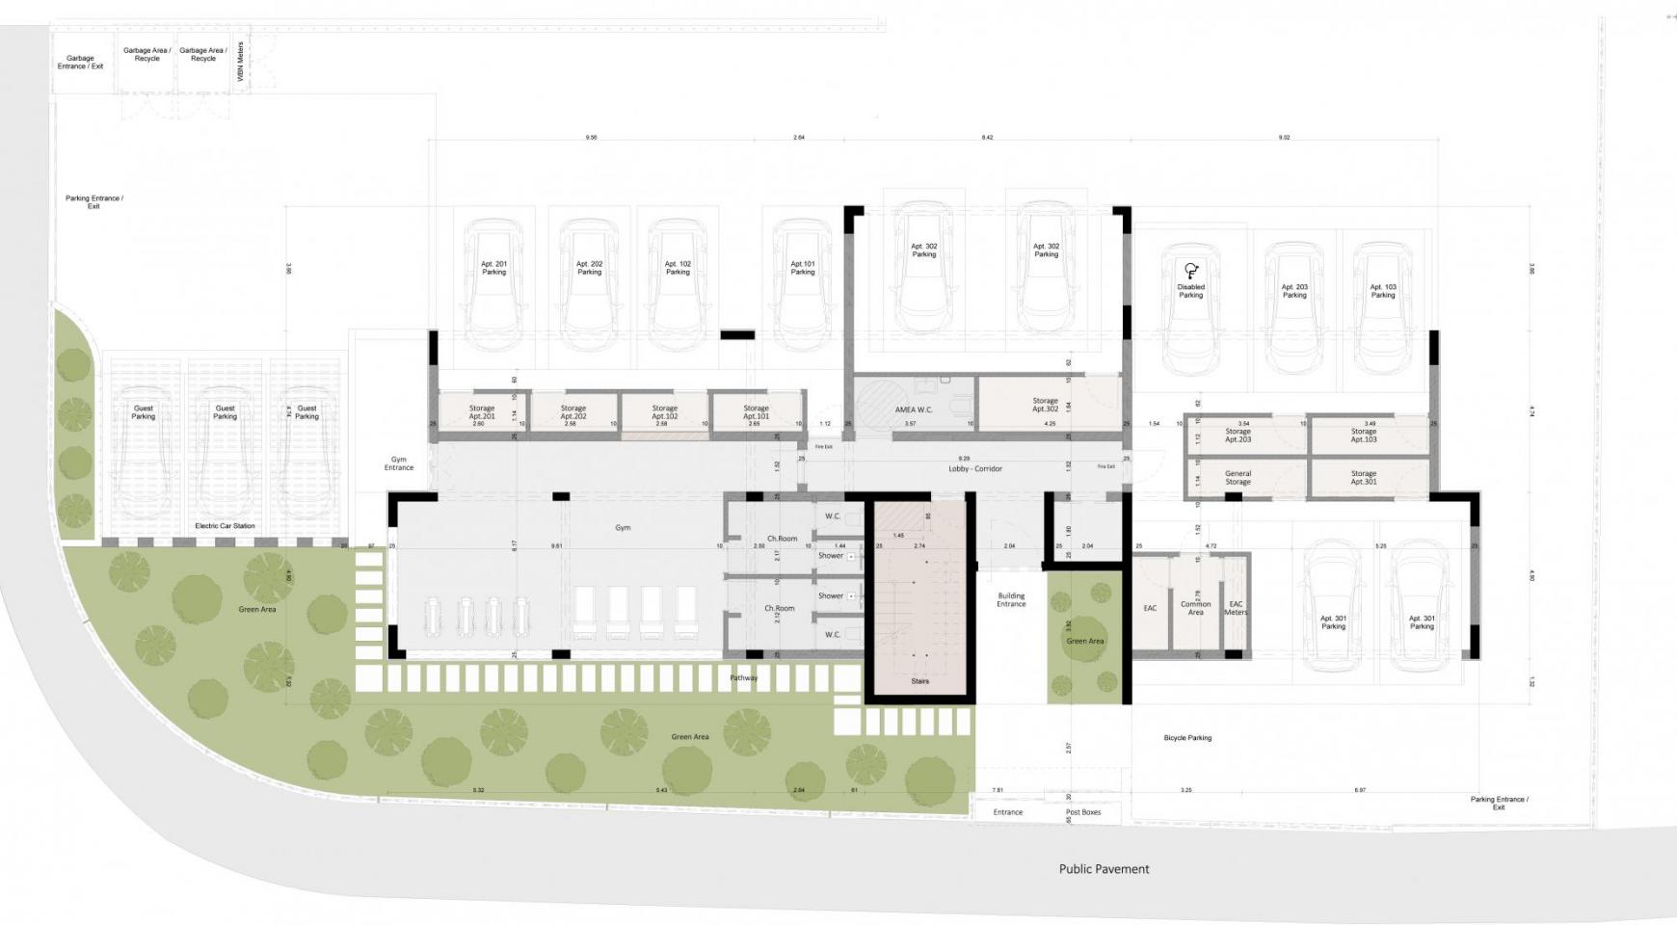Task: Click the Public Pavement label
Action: (1104, 869)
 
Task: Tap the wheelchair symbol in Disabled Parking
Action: (1191, 271)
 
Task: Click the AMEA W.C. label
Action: (914, 410)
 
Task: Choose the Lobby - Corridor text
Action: (974, 469)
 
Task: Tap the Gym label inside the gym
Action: (623, 528)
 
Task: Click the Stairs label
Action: (919, 681)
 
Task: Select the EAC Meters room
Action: (1235, 608)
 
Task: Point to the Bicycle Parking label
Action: (1187, 738)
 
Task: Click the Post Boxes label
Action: (1083, 812)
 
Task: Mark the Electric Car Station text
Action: (225, 526)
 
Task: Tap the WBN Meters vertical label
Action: (240, 61)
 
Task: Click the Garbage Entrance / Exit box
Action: (80, 63)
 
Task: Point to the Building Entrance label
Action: (1011, 600)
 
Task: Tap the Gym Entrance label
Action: (399, 463)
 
